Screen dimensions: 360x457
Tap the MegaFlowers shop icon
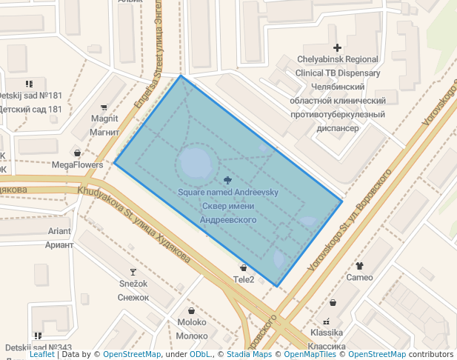(x=77, y=153)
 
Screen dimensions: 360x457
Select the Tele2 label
(x=244, y=279)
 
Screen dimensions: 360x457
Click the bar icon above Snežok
(x=133, y=272)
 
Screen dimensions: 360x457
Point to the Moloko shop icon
(x=193, y=310)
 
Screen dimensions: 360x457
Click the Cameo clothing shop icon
(x=360, y=265)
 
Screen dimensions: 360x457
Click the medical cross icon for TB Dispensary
(x=337, y=47)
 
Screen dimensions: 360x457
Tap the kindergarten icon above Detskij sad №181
(x=29, y=84)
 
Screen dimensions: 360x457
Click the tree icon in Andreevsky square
(x=227, y=180)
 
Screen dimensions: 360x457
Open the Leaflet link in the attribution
(x=42, y=354)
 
